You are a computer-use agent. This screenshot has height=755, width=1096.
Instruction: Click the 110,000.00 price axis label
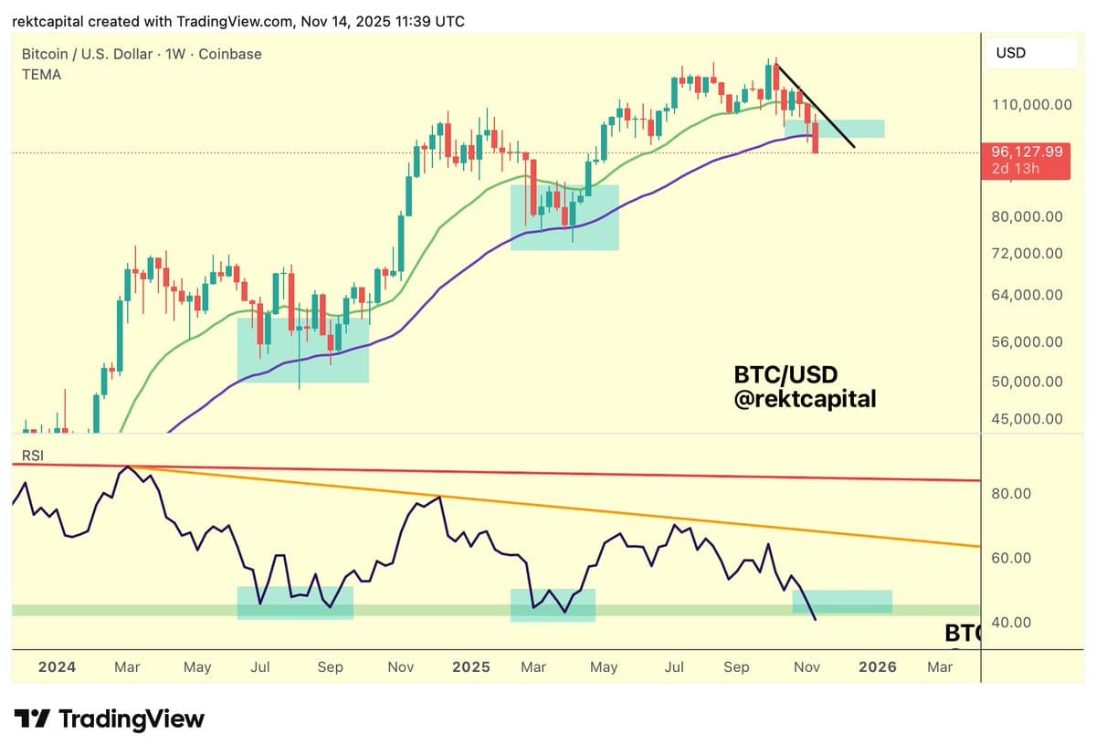tap(1031, 105)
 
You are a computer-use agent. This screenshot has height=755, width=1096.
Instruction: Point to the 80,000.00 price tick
tap(1027, 216)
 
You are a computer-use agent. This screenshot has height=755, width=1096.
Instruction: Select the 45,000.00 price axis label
tap(1027, 419)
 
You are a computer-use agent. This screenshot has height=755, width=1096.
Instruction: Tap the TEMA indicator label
tap(41, 75)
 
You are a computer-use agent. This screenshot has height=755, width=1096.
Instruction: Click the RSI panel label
tap(32, 455)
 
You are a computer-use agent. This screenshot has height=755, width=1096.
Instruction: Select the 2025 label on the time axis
tap(471, 667)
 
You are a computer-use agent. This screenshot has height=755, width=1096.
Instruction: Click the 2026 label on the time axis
tap(877, 667)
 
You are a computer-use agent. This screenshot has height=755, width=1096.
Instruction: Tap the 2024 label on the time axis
tap(57, 667)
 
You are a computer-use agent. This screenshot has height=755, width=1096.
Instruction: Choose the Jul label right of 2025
tap(674, 667)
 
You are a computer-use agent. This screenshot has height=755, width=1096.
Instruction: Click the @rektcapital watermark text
tap(805, 398)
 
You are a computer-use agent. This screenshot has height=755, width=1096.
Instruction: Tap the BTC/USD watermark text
tap(785, 374)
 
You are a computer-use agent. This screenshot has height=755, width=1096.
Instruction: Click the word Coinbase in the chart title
tap(230, 54)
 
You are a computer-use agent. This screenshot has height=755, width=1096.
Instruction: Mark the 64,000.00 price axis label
tap(1027, 295)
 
